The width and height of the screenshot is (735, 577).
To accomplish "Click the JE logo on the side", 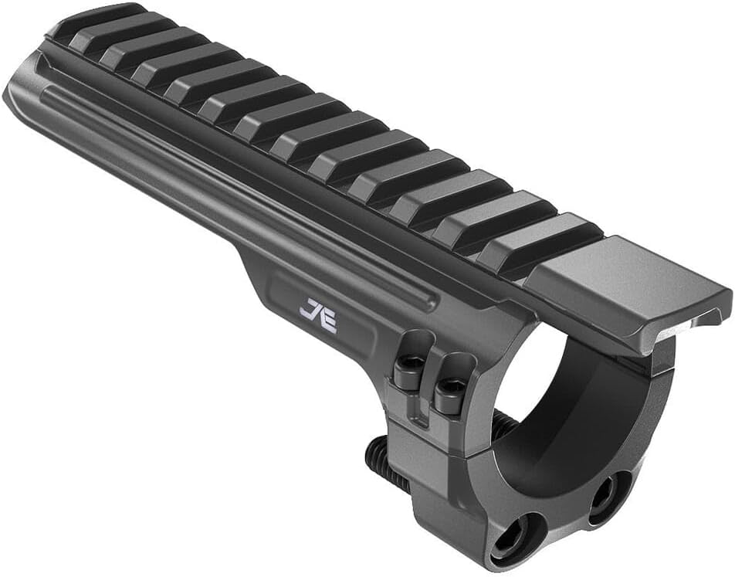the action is click(x=319, y=315).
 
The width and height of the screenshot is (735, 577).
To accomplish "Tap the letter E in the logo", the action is click(x=327, y=320).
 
